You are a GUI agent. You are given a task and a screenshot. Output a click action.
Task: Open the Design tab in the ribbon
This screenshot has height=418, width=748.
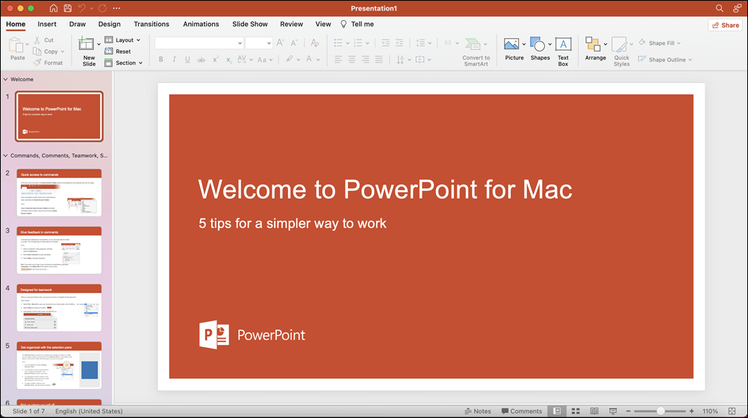tap(109, 24)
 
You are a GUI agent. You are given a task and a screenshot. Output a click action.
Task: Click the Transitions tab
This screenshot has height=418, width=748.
tap(152, 24)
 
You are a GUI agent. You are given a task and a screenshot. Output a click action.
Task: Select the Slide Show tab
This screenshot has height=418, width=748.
tap(249, 24)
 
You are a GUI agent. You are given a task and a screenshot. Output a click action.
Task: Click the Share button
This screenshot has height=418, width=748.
tap(725, 25)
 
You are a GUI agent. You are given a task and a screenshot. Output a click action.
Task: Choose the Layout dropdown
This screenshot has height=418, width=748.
tap(123, 40)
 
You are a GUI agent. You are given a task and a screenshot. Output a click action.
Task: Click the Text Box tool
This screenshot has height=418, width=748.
tap(563, 50)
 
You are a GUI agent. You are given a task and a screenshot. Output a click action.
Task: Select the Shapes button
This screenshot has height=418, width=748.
tap(540, 50)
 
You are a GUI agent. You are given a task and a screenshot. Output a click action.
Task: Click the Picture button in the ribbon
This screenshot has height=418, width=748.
tap(514, 50)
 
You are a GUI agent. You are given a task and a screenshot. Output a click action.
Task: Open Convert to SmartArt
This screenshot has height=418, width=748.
tap(476, 50)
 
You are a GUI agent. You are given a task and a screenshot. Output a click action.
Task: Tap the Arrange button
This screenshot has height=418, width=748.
tap(595, 50)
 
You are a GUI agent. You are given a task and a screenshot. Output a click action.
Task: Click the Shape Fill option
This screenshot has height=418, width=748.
tap(661, 43)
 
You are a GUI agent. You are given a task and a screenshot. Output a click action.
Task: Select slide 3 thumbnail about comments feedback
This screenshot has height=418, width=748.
tap(59, 250)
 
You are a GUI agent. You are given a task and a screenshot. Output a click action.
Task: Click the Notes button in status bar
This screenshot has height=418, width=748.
tap(478, 411)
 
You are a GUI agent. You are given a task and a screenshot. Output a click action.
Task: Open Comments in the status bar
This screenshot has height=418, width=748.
tap(522, 411)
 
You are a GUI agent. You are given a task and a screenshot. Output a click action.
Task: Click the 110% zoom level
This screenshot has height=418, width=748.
tap(710, 411)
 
